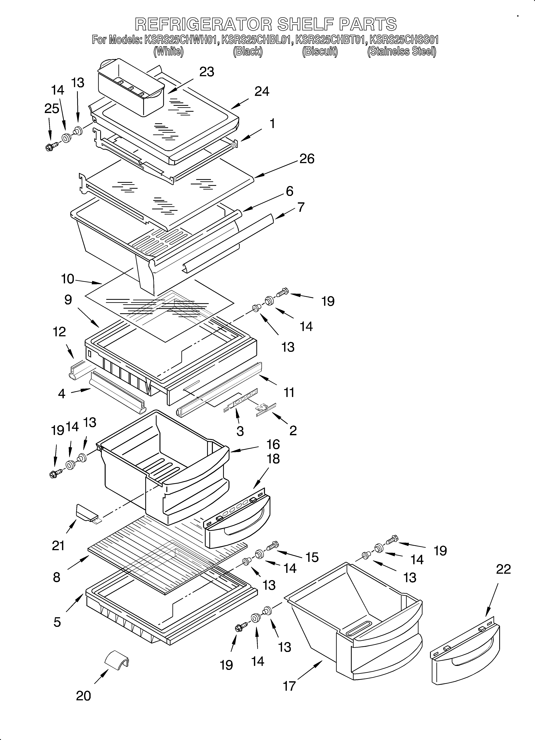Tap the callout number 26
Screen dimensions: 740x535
[x=307, y=159]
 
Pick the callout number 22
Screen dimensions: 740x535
[x=503, y=569]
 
